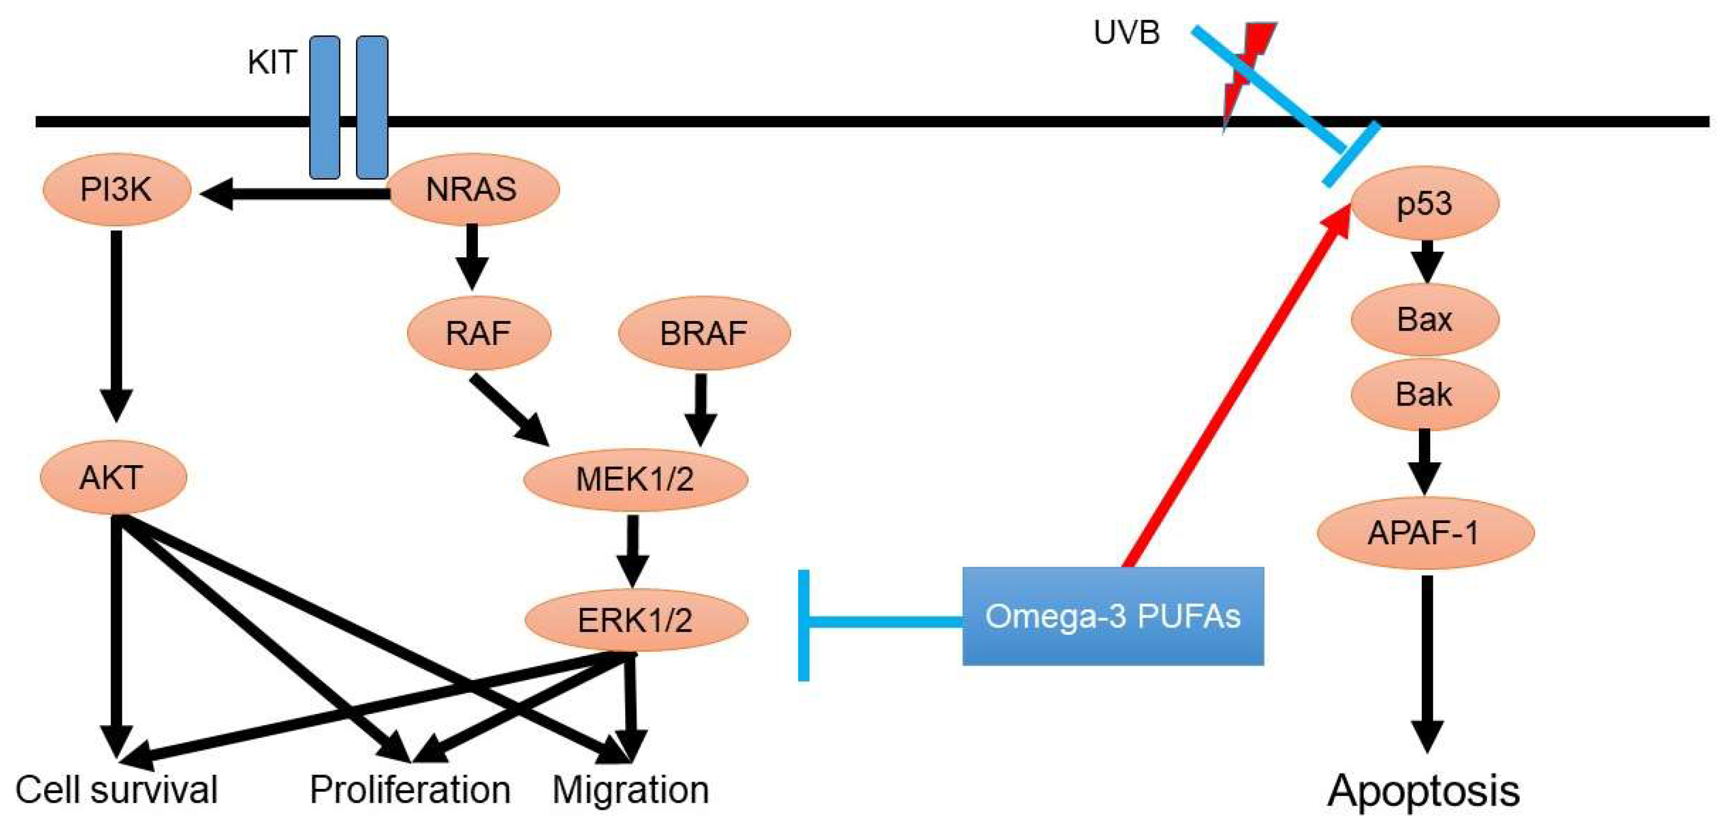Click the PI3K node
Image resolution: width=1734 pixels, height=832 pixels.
(x=116, y=190)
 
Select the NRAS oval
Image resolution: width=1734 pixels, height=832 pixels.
(x=472, y=190)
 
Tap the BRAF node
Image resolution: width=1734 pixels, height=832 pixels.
(x=703, y=333)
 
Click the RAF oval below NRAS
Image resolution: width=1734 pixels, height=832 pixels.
(x=479, y=333)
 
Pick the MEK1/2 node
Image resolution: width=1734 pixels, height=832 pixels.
(x=635, y=479)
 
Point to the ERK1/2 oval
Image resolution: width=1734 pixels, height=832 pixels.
(x=635, y=619)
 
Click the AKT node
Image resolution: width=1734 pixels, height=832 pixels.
(x=112, y=477)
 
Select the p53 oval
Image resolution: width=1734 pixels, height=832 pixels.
(x=1424, y=203)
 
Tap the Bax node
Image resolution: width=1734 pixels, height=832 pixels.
(x=1424, y=319)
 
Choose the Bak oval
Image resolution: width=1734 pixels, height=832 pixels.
(x=1424, y=394)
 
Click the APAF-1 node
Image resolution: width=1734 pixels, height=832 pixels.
(x=1424, y=533)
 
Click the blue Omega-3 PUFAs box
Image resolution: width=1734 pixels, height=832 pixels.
(x=1112, y=616)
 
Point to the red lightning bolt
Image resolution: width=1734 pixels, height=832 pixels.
(x=1246, y=68)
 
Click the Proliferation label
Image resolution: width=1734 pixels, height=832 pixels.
(x=409, y=789)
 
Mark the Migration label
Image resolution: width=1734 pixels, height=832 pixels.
(x=630, y=789)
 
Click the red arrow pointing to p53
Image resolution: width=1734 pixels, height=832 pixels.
(x=1239, y=390)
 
